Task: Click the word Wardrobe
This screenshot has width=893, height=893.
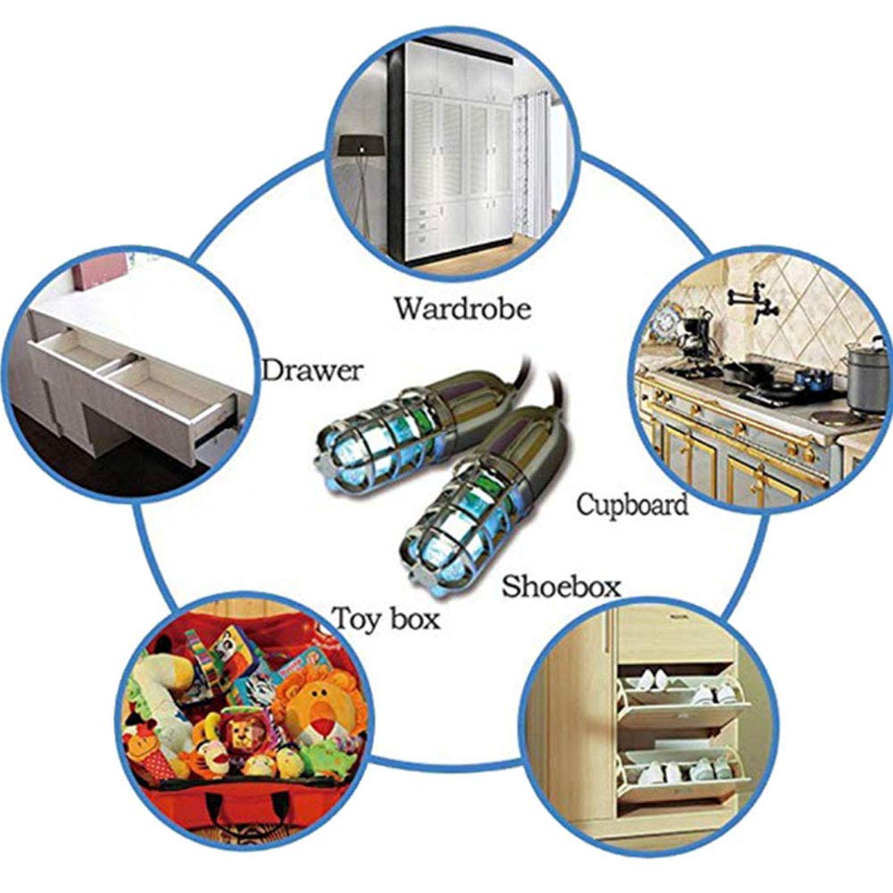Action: (463, 309)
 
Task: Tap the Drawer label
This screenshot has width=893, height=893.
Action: (312, 371)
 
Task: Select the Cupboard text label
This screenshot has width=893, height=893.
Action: (632, 505)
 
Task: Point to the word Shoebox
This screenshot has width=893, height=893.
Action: (561, 586)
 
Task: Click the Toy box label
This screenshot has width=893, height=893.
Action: (387, 619)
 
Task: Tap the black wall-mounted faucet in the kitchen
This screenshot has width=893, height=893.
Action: (754, 301)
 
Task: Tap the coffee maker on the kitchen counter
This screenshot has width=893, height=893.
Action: (694, 336)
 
